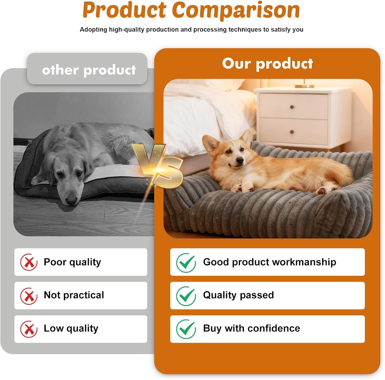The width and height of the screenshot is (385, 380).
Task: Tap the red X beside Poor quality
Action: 29,262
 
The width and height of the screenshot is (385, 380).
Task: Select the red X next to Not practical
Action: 29,296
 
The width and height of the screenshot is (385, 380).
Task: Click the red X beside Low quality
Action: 29,329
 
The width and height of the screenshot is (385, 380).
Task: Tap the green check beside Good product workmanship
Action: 186,262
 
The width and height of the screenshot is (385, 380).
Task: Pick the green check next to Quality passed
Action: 186,296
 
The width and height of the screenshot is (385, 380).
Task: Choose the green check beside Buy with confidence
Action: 186,329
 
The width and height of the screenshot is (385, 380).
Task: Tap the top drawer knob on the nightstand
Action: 292,107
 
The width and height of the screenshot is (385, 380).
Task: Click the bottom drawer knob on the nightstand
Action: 292,132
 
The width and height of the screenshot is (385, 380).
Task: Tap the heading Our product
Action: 267,63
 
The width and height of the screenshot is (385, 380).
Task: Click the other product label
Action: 89,70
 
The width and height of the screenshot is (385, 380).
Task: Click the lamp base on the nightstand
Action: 304,86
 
